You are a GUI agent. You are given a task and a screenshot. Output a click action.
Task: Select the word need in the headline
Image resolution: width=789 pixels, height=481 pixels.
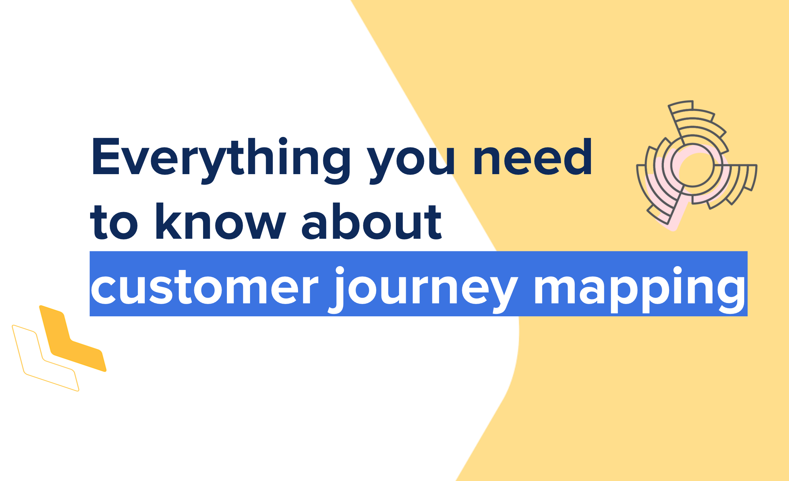[532, 157]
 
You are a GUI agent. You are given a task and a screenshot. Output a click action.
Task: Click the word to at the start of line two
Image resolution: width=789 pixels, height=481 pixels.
[114, 223]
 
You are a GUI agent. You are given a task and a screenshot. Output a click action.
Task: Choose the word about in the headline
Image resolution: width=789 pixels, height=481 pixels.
[372, 221]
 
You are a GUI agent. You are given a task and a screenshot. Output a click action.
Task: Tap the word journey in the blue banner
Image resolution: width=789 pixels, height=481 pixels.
[423, 290]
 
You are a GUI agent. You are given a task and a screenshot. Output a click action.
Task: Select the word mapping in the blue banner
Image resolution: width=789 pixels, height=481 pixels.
[640, 290]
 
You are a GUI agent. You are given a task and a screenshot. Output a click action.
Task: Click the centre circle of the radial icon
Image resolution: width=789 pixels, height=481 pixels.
[693, 165]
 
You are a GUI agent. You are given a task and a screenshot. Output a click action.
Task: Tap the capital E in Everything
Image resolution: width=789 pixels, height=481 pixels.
[106, 157]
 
